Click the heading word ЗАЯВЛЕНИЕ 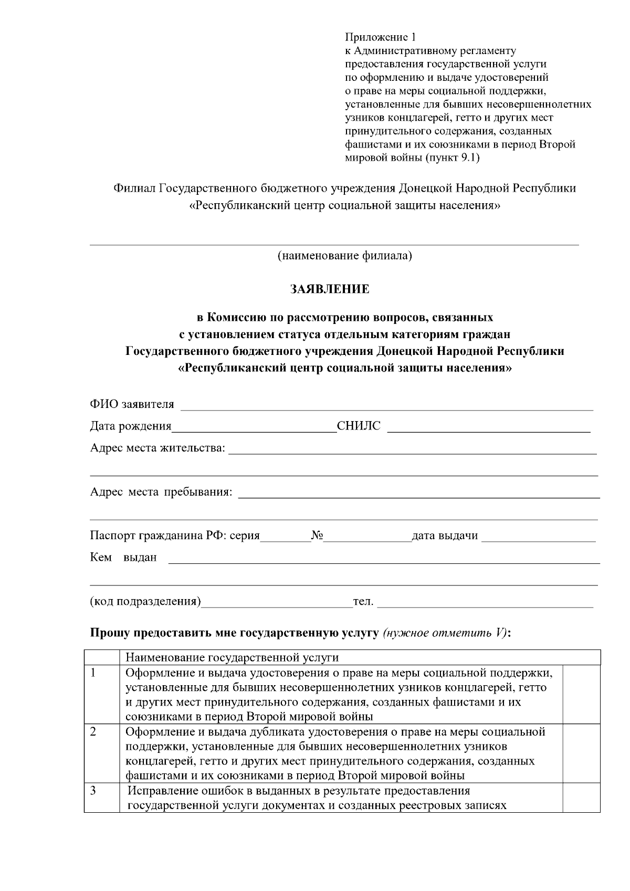tap(330, 289)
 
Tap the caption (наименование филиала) tap(344, 256)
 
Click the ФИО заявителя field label tap(132, 404)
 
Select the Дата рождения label tap(131, 426)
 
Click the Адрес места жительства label tap(157, 448)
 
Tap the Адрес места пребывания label tap(161, 492)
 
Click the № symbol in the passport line tap(317, 536)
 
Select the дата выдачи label tap(445, 536)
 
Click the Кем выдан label tap(123, 558)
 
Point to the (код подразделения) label tap(145, 602)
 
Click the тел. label tap(363, 602)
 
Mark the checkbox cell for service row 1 tap(581, 694)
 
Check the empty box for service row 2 tap(581, 753)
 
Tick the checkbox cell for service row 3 tap(581, 798)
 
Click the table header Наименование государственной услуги tap(232, 658)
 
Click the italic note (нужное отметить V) tap(445, 633)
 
